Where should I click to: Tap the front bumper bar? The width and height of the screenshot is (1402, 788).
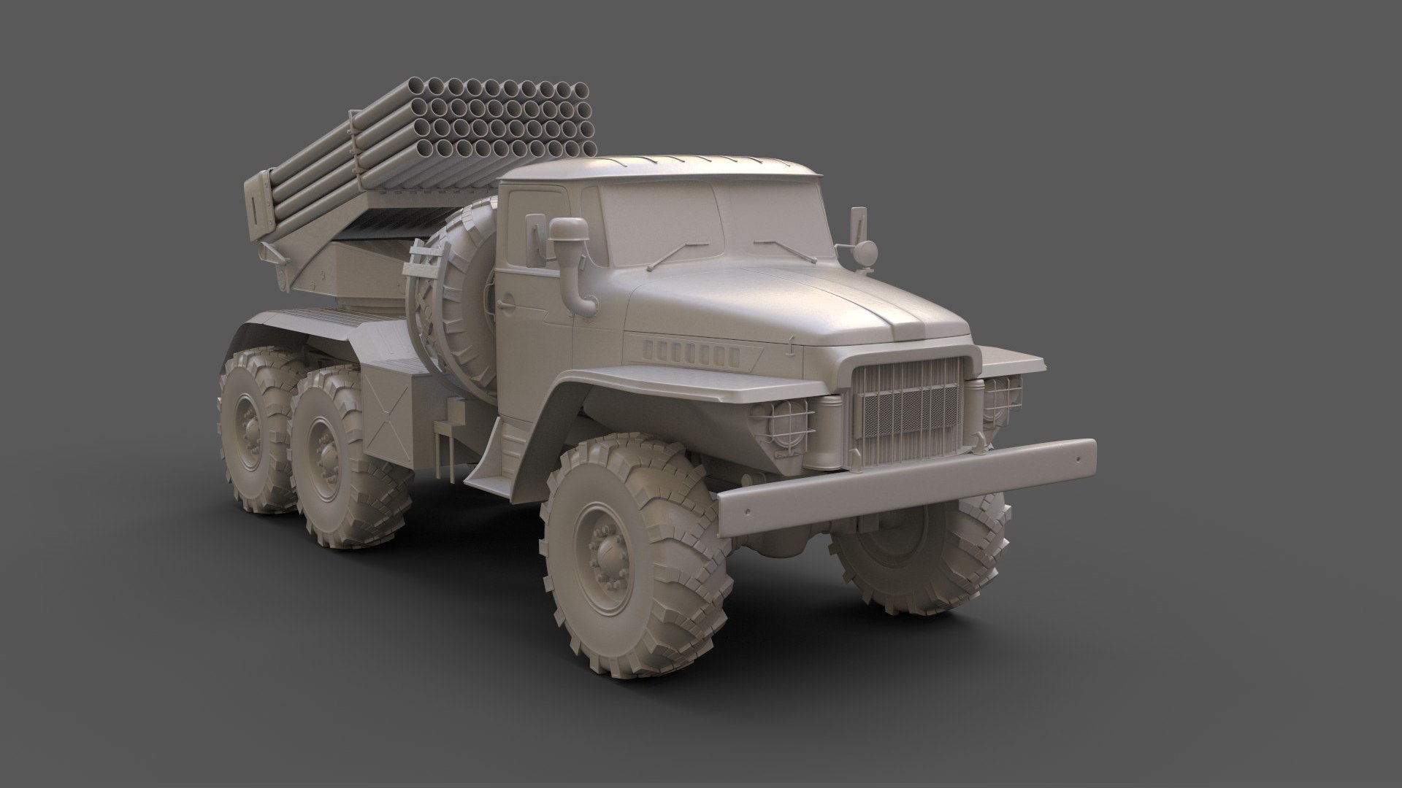coord(905,488)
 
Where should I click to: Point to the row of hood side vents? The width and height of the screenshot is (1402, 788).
coord(690,352)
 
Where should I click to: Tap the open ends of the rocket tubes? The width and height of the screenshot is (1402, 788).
coord(504,128)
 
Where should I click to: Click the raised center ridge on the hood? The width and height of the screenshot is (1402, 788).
coord(905,321)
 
